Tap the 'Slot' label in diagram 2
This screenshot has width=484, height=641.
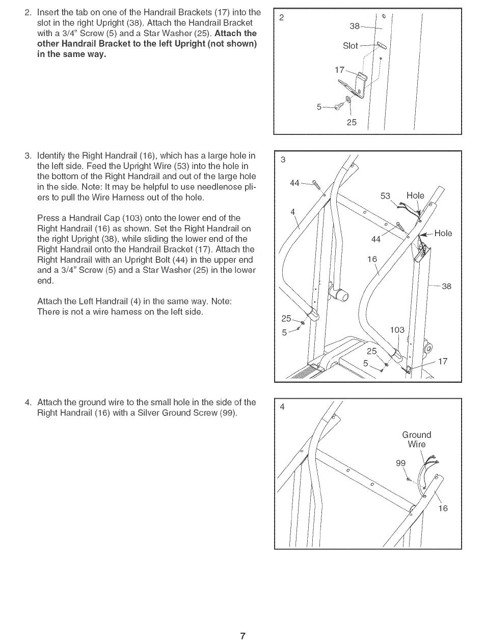[351, 46]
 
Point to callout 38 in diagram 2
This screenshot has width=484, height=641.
[355, 26]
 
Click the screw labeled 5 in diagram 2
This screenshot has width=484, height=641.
[340, 106]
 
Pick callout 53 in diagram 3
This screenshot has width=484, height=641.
[386, 196]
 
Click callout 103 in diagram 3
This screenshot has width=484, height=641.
[397, 330]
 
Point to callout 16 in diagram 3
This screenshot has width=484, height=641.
[372, 259]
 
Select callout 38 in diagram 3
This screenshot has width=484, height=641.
[446, 286]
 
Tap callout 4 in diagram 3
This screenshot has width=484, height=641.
[293, 212]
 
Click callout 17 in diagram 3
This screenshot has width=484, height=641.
[443, 361]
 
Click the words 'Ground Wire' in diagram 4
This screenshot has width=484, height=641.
[416, 439]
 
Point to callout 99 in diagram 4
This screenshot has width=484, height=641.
[401, 463]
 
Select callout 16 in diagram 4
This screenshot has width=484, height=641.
[443, 508]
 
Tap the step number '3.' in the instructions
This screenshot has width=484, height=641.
[28, 156]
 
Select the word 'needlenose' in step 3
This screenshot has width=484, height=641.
[217, 187]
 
